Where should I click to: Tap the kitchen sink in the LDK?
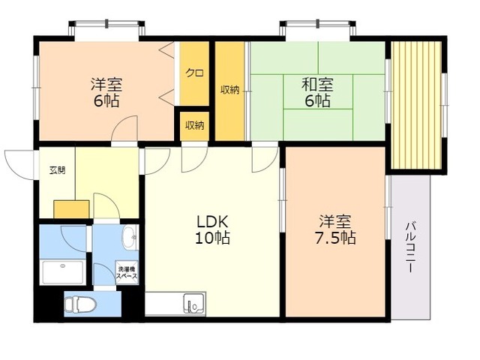193,304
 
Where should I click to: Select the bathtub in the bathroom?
63,272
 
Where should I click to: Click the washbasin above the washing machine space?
130,237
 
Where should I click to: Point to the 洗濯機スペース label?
127,273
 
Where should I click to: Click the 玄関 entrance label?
57,170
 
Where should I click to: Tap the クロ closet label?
195,73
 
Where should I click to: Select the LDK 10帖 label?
213,229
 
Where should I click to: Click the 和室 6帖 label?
317,92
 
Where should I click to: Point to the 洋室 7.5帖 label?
335,229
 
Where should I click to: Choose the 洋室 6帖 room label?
106,92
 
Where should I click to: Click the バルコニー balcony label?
410,248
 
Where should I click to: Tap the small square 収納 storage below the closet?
194,126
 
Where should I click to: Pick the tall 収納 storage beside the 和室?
230,91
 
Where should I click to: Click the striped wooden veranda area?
416,105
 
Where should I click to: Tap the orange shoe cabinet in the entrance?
71,209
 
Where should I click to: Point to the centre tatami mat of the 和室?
318,91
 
